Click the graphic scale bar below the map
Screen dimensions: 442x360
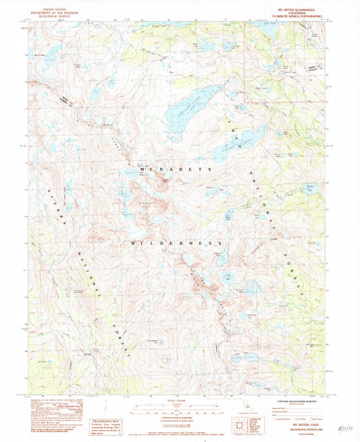tap(180, 408)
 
